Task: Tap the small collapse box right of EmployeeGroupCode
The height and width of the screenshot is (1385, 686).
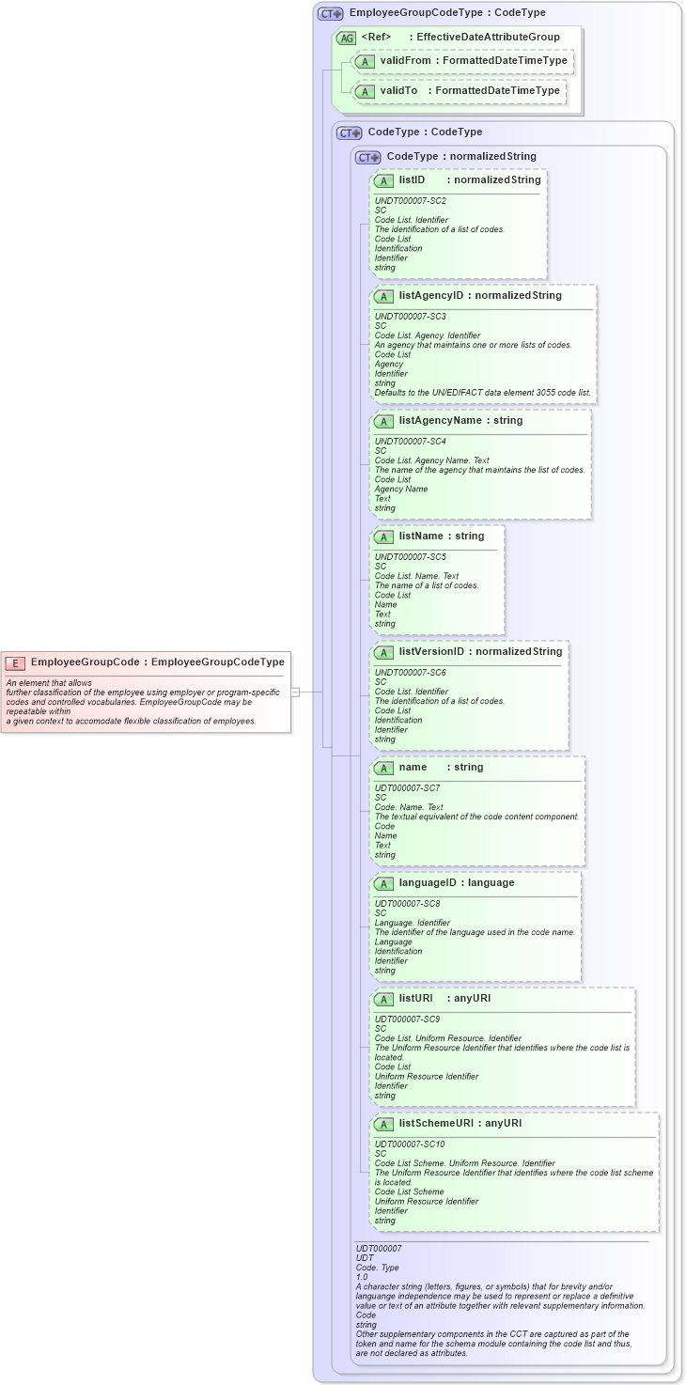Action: (295, 692)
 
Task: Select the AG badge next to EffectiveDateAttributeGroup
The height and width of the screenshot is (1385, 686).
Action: (346, 38)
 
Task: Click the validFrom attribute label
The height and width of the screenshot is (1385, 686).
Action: (405, 61)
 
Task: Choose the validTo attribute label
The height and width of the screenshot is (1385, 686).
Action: (398, 91)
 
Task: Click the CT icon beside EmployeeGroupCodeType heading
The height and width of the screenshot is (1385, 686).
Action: (330, 13)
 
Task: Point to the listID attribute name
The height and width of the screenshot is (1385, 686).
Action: (412, 179)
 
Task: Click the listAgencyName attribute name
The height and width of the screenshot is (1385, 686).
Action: (440, 420)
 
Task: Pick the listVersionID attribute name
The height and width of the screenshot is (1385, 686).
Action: (433, 651)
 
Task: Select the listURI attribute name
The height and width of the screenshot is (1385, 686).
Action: (418, 998)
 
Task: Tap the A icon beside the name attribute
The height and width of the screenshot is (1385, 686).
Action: (383, 768)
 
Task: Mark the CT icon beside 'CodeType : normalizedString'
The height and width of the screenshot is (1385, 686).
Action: (367, 157)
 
